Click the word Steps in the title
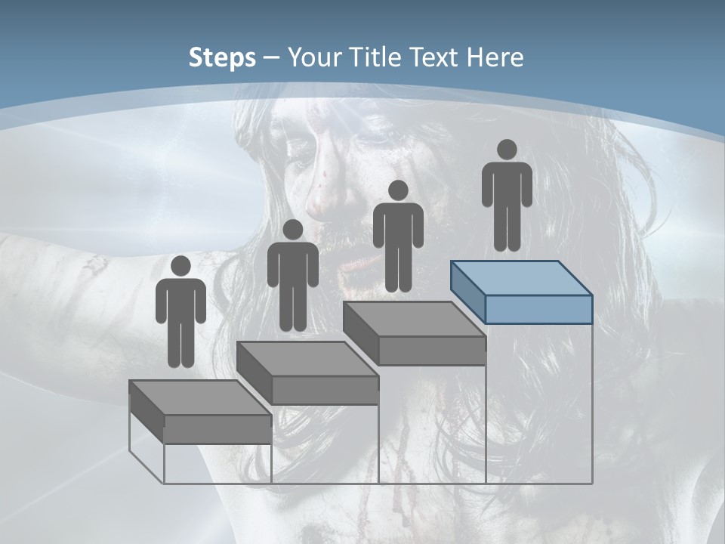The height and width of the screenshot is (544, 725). (x=222, y=57)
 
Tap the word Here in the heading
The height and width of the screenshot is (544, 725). (x=496, y=57)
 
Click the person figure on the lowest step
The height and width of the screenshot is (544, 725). (x=180, y=311)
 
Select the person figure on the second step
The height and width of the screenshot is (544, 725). (x=292, y=275)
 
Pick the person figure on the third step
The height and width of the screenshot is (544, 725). (x=398, y=236)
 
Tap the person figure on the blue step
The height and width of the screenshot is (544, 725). (x=507, y=195)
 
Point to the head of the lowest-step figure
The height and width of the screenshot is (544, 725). (x=180, y=266)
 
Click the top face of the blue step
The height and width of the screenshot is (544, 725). (x=521, y=277)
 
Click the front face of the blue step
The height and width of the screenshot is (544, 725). (x=538, y=309)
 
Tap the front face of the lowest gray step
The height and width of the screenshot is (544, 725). (x=217, y=429)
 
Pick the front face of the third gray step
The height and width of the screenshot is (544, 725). (x=432, y=351)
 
